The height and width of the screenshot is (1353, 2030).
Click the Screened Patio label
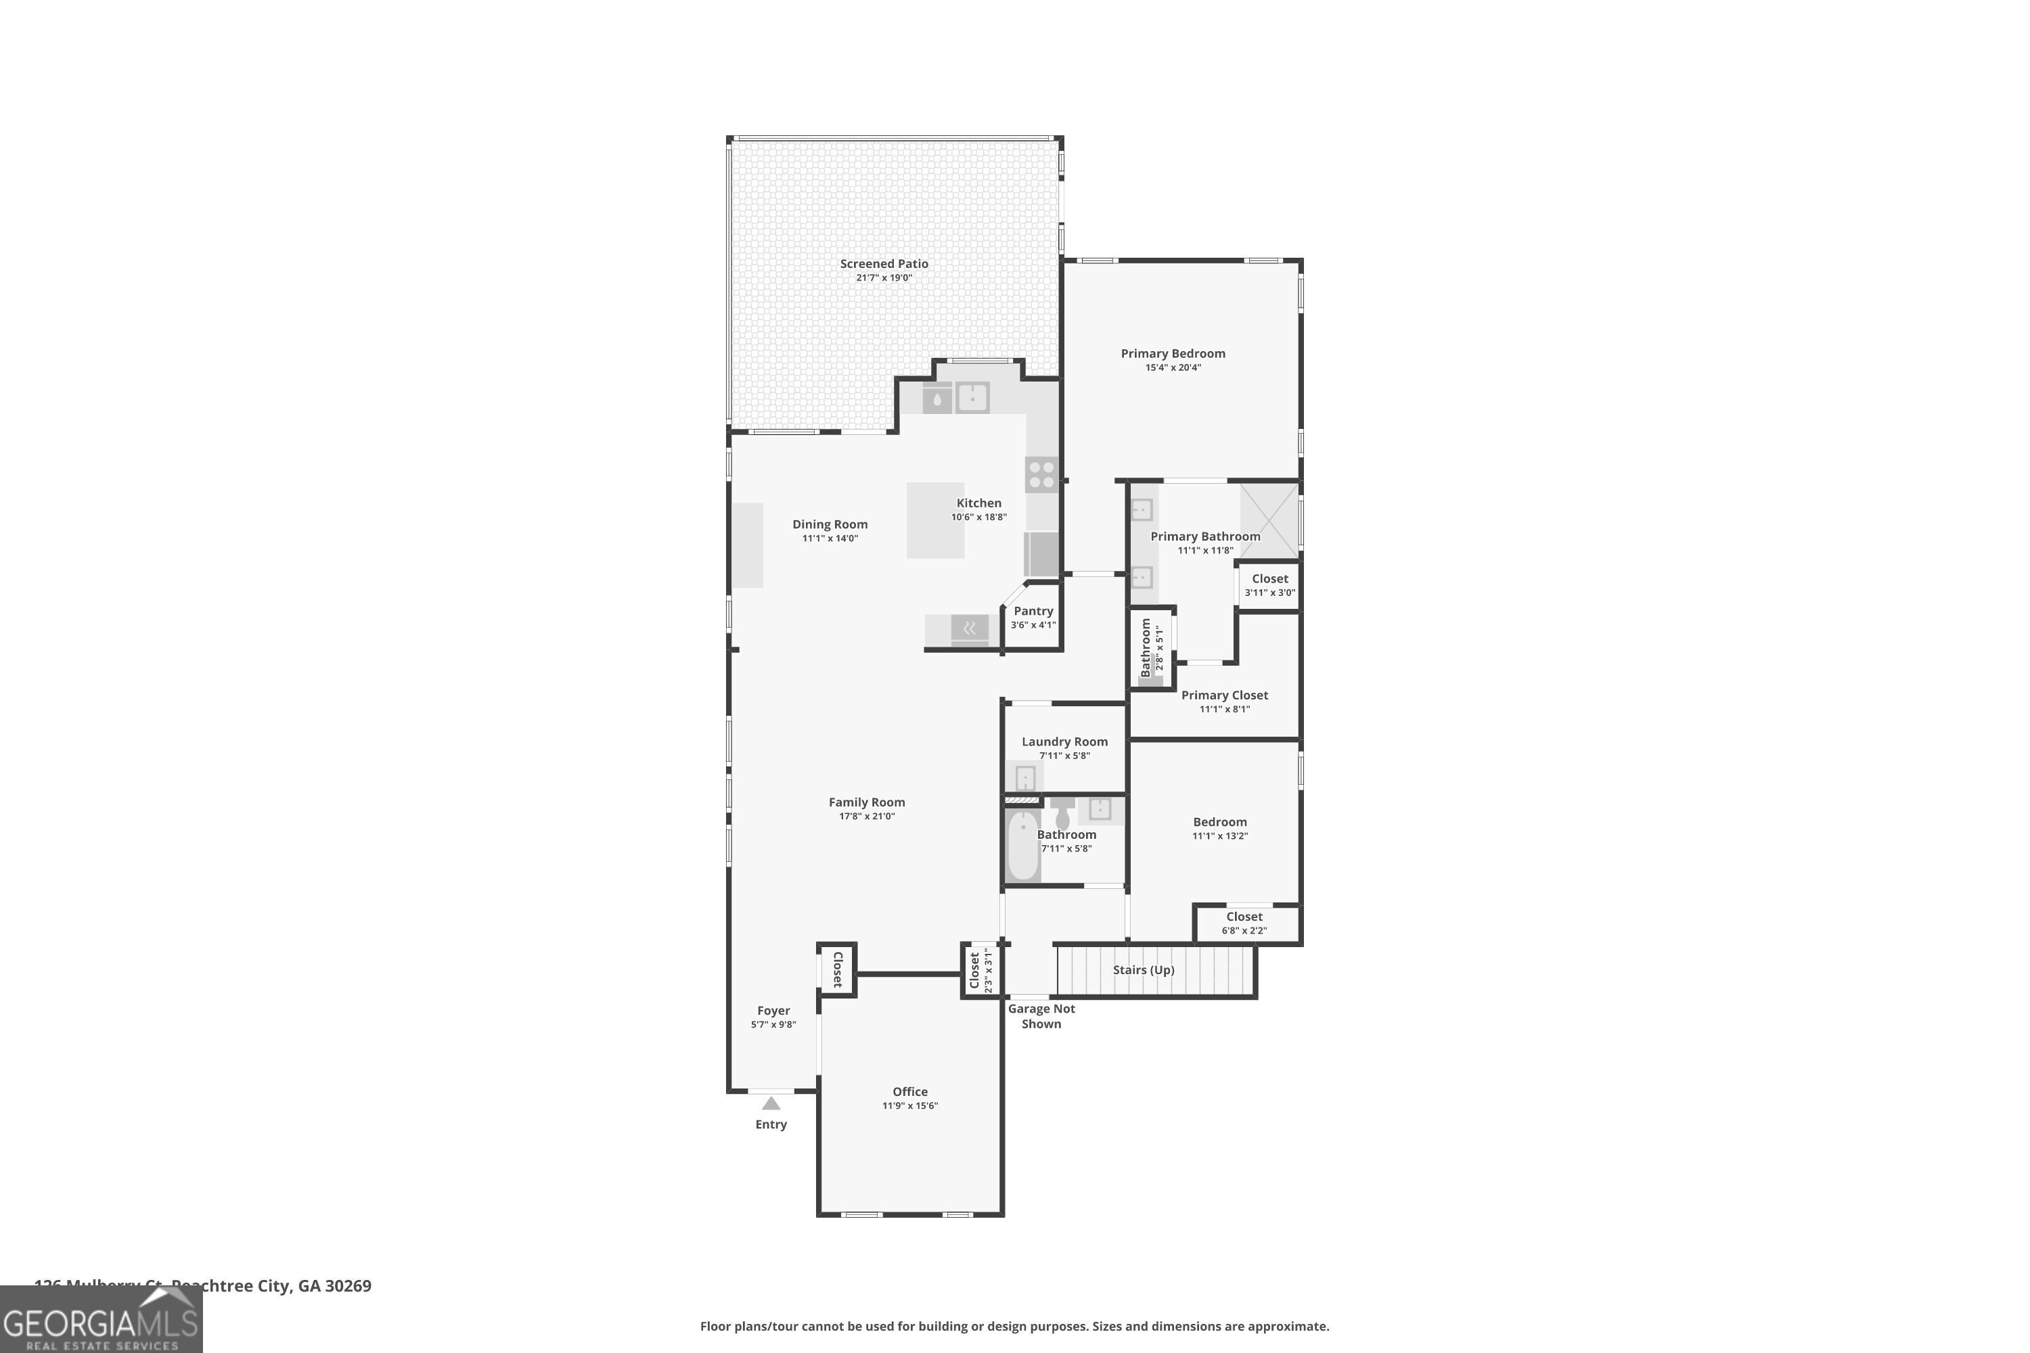click(x=884, y=264)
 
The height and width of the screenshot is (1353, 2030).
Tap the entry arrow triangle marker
click(x=771, y=1103)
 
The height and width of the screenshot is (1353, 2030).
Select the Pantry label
click(x=1033, y=611)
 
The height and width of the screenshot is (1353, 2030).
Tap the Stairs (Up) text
click(x=1143, y=970)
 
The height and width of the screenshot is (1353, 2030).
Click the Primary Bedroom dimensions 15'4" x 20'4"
click(x=1172, y=367)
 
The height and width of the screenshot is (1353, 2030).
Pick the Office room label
click(x=909, y=1092)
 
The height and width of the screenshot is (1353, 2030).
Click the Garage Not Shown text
click(x=1041, y=1015)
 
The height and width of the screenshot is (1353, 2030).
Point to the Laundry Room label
click(x=1064, y=742)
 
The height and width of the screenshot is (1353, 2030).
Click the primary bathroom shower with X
click(x=1269, y=520)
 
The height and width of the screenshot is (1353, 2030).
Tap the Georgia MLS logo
click(x=101, y=1319)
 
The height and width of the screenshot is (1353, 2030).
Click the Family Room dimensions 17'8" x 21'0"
click(x=867, y=817)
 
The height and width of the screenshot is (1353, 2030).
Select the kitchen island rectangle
click(x=934, y=520)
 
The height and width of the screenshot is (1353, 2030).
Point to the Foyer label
click(x=773, y=1011)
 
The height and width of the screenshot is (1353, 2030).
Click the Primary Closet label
click(x=1224, y=695)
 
